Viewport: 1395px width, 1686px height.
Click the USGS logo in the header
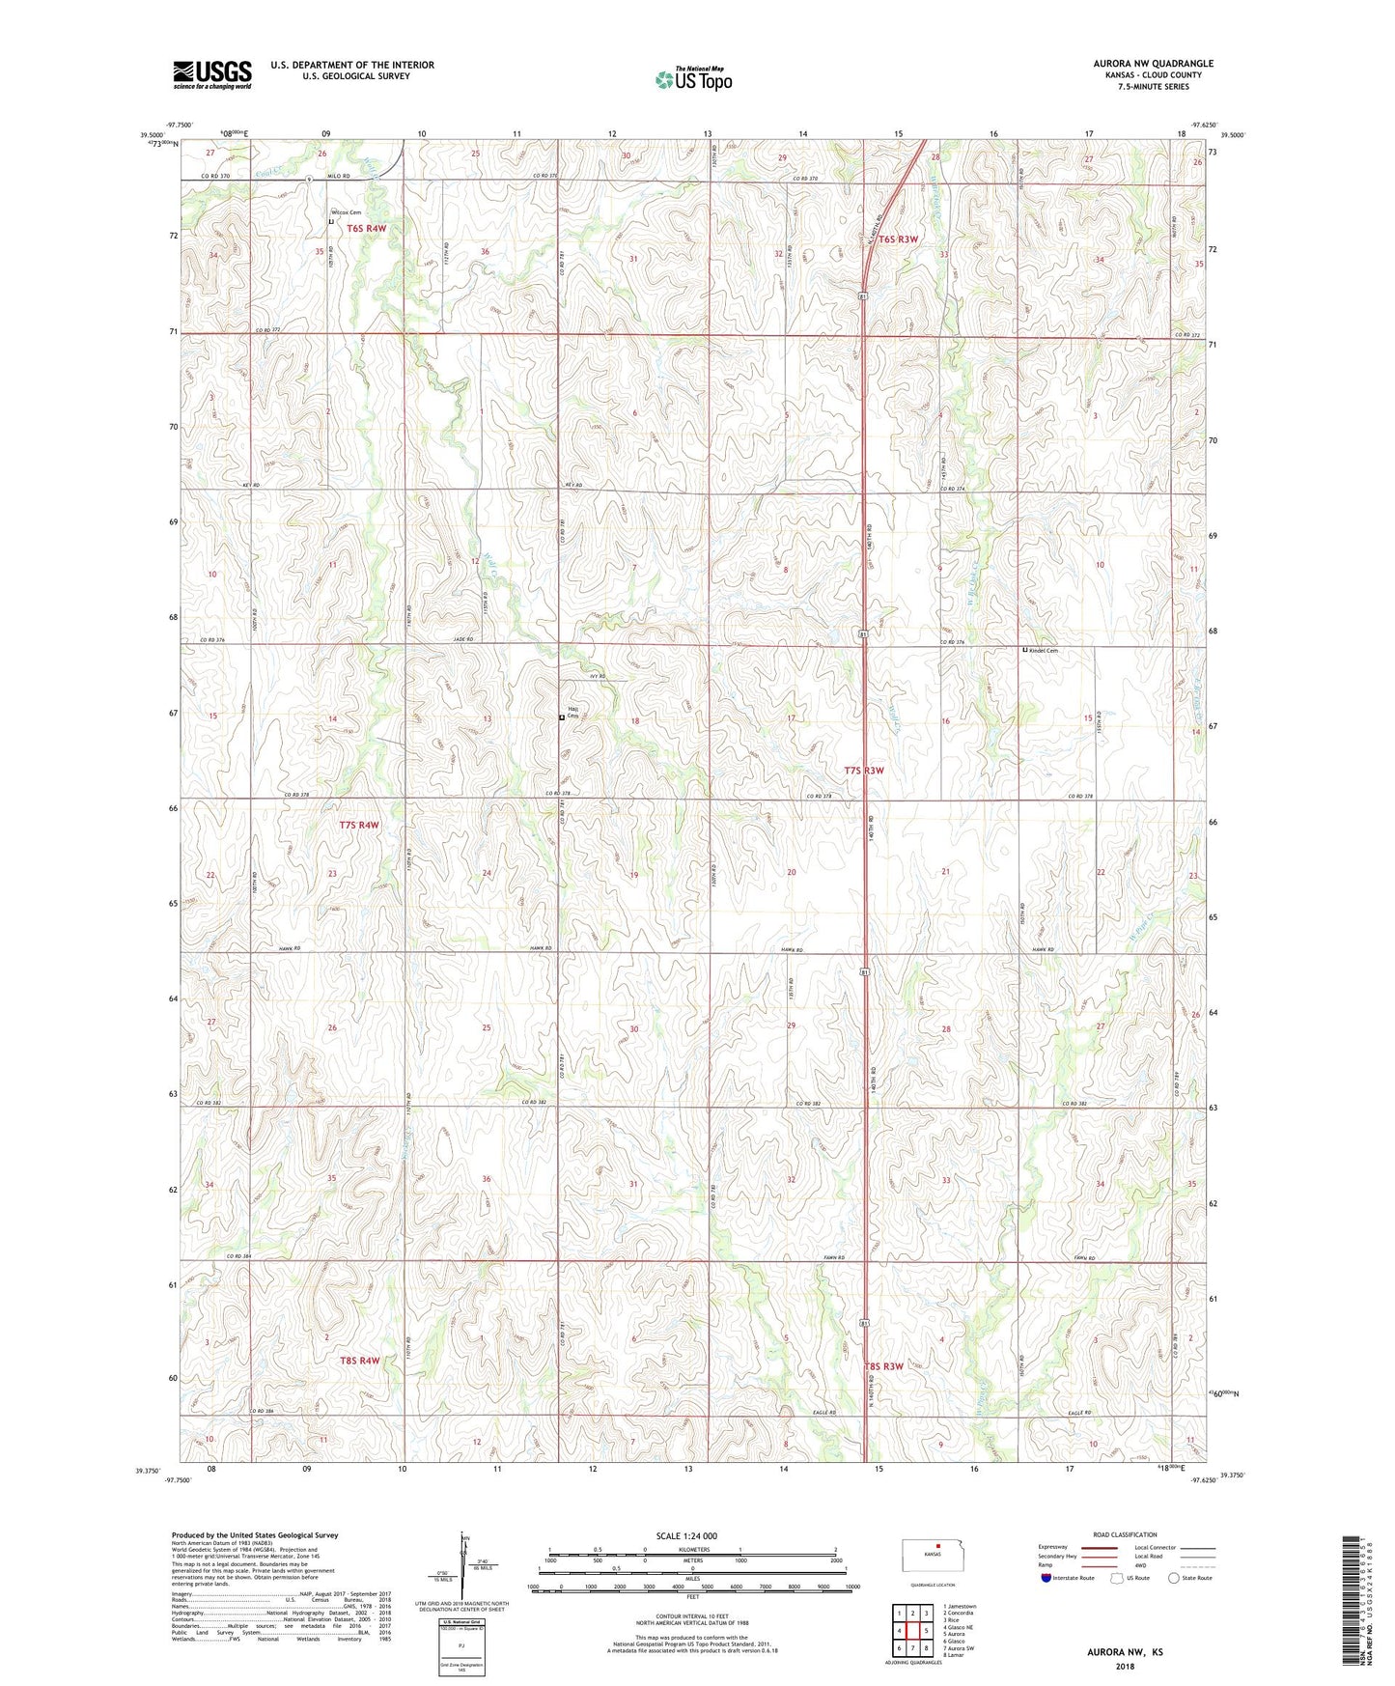coord(212,74)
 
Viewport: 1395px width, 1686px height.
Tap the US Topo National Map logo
coord(693,79)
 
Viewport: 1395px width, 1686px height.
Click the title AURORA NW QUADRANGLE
coord(1149,64)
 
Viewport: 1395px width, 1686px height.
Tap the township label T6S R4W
coord(367,229)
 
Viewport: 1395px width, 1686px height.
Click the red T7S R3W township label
coord(864,771)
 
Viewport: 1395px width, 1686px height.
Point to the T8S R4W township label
coord(359,1361)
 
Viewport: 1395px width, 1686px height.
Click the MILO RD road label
coord(337,176)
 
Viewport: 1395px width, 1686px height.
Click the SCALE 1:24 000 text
coord(686,1535)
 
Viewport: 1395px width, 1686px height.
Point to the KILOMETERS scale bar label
coord(692,1549)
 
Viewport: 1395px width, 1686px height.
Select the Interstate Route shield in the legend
coord(1047,1579)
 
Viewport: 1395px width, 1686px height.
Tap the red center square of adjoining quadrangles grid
coord(912,1631)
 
